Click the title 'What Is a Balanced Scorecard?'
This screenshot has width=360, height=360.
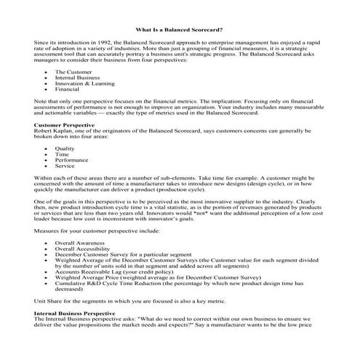tap(179, 31)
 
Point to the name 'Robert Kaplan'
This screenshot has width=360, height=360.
tap(53, 131)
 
